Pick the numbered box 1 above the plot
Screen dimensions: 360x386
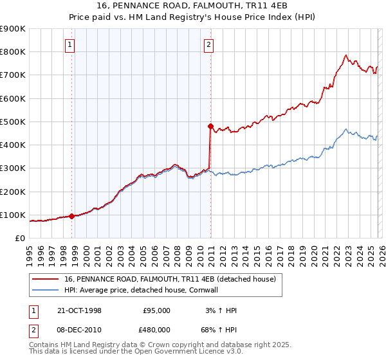click(69, 44)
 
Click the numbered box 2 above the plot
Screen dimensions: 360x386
click(209, 44)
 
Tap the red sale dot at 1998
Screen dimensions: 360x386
click(72, 217)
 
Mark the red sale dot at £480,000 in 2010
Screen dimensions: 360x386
click(210, 127)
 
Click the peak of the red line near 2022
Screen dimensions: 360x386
click(346, 55)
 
